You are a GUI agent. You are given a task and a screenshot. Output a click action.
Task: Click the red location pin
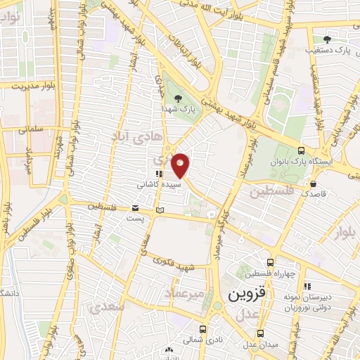tap(181, 165)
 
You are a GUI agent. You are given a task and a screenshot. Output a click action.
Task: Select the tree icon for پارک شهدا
tap(177, 99)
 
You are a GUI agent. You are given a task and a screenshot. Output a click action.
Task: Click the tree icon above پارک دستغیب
tap(326, 39)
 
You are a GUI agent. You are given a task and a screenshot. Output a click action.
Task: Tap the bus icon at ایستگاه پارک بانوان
tap(302, 150)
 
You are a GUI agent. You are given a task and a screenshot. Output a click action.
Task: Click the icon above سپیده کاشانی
tap(160, 174)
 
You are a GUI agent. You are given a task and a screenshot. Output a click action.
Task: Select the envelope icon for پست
tap(135, 208)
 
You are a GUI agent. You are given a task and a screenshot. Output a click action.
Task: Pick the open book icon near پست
tap(160, 210)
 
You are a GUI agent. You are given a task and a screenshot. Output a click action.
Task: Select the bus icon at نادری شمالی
tap(203, 328)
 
